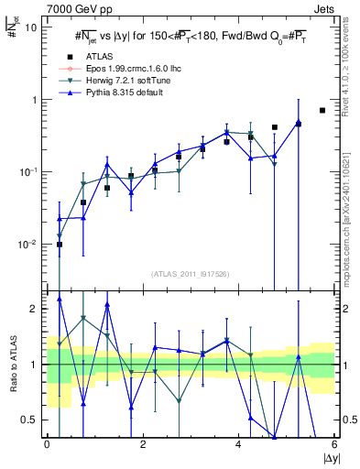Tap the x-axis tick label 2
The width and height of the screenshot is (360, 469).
pyautogui.click(x=143, y=445)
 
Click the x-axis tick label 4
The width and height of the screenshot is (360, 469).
pyautogui.click(x=239, y=445)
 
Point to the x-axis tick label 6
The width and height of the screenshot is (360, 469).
pyautogui.click(x=334, y=445)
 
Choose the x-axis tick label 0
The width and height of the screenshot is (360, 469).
pyautogui.click(x=48, y=445)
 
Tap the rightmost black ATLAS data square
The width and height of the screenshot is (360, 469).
pyautogui.click(x=322, y=110)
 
